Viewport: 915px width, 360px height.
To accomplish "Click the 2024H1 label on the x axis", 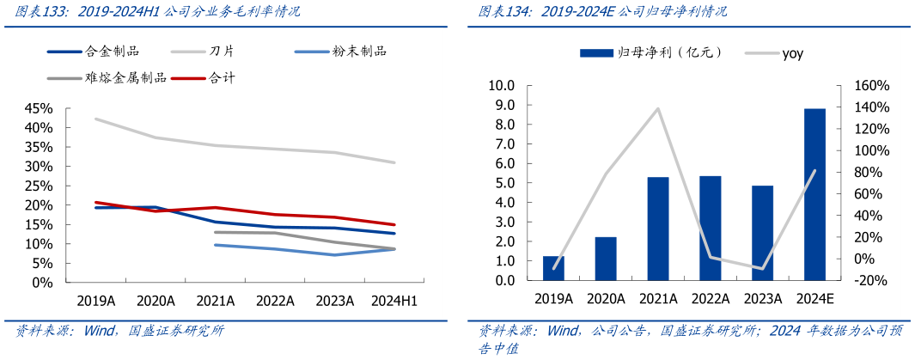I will point(393,301).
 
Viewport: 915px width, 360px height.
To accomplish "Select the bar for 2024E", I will point(814,194).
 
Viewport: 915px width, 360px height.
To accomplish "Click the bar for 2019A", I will point(553,268).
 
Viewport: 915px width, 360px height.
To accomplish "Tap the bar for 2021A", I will point(658,229).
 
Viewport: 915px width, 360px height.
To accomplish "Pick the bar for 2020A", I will point(606,259).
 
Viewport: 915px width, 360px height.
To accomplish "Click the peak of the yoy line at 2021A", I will point(658,108).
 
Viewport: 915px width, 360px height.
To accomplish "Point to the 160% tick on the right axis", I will point(871,86).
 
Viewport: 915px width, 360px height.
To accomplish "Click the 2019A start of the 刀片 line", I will point(95,119).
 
